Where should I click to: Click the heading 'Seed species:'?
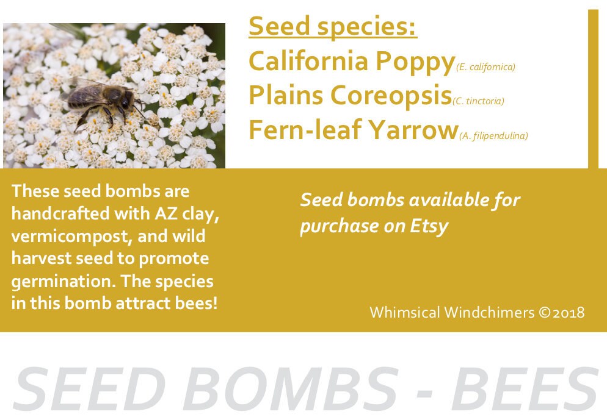333,27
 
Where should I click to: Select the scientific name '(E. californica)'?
486,67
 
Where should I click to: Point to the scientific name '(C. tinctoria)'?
479,101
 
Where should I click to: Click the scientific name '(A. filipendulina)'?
493,136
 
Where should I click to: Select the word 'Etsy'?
429,226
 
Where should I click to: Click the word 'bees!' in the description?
196,304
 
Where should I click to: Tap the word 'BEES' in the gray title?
525,390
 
